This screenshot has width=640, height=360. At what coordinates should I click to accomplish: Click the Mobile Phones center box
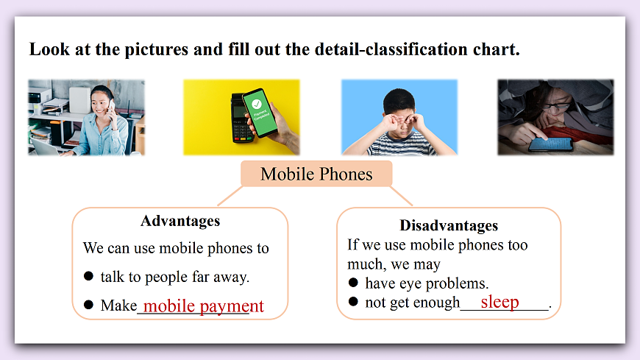(316, 174)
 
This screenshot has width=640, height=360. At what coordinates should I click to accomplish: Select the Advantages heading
(179, 221)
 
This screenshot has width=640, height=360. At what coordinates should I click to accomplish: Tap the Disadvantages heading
(448, 225)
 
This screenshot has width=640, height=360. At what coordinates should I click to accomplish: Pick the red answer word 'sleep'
(499, 302)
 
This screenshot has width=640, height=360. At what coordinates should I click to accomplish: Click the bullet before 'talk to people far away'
(88, 276)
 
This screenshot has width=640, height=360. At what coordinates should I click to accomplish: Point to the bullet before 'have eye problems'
(353, 283)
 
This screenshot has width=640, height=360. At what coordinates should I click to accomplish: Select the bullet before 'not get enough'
(353, 302)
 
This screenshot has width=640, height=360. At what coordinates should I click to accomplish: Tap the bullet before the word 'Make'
(88, 305)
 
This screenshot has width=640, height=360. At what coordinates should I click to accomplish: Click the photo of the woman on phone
(86, 117)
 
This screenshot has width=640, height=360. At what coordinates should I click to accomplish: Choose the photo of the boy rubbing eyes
(399, 117)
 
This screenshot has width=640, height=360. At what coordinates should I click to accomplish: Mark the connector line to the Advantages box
(229, 197)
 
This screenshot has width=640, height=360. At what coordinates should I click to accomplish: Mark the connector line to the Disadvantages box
(401, 197)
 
